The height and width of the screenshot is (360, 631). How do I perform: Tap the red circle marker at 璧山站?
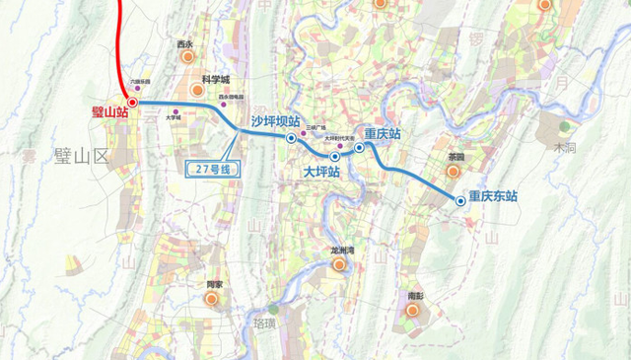(132, 101)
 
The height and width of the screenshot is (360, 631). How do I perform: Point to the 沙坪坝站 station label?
(275, 121)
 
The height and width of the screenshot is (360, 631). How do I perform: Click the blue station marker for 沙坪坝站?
(291, 139)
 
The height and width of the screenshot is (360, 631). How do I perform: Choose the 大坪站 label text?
(322, 172)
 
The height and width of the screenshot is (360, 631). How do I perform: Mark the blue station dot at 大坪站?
(335, 156)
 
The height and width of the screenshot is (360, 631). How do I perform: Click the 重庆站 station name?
(383, 133)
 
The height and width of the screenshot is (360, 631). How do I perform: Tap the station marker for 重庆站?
(360, 147)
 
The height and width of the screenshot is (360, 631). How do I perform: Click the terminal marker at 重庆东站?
(460, 201)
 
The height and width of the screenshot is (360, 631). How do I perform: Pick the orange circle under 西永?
(185, 59)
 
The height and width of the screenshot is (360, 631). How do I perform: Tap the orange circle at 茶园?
(454, 172)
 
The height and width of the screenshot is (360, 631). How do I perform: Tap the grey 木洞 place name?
(564, 147)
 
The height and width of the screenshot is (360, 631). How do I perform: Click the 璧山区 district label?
(73, 155)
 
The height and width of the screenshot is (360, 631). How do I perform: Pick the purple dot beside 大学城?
(176, 110)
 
